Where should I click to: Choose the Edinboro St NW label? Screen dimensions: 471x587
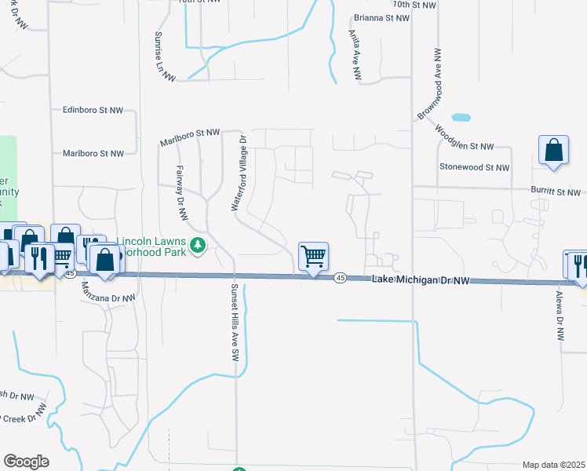pos(93,111)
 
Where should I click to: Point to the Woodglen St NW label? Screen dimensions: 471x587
pos(464,138)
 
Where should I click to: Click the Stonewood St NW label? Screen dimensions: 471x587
pos(474,167)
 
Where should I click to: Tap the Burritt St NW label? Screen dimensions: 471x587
pos(555,192)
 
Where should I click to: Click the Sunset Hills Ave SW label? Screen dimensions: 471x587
pos(233,323)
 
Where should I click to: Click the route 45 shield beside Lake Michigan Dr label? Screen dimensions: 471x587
pos(340,279)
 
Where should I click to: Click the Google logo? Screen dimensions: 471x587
pos(26,462)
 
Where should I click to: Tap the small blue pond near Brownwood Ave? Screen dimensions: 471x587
pos(461,118)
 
